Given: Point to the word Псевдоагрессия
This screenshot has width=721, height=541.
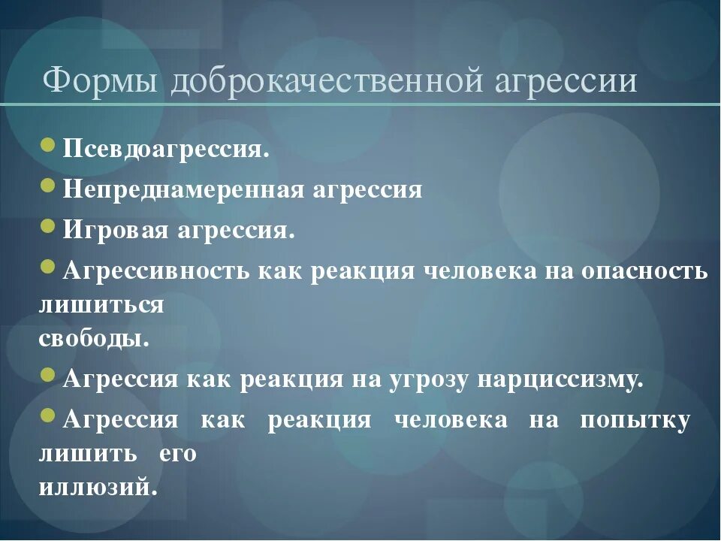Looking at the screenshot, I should pyautogui.click(x=166, y=148).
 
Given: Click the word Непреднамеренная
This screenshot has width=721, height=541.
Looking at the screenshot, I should pyautogui.click(x=183, y=190).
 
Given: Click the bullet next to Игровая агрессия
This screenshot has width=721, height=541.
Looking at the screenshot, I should pyautogui.click(x=48, y=227).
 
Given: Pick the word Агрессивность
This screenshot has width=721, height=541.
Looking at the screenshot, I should pyautogui.click(x=157, y=271).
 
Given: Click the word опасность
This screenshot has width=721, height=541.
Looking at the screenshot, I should pyautogui.click(x=644, y=271).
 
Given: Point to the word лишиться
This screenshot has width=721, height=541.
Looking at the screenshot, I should pyautogui.click(x=101, y=305).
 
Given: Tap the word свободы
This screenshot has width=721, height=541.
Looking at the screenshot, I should pyautogui.click(x=94, y=338).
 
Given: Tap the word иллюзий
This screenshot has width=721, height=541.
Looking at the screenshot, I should pyautogui.click(x=98, y=488).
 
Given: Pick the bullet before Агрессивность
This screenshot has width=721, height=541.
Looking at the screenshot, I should pyautogui.click(x=48, y=267).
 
